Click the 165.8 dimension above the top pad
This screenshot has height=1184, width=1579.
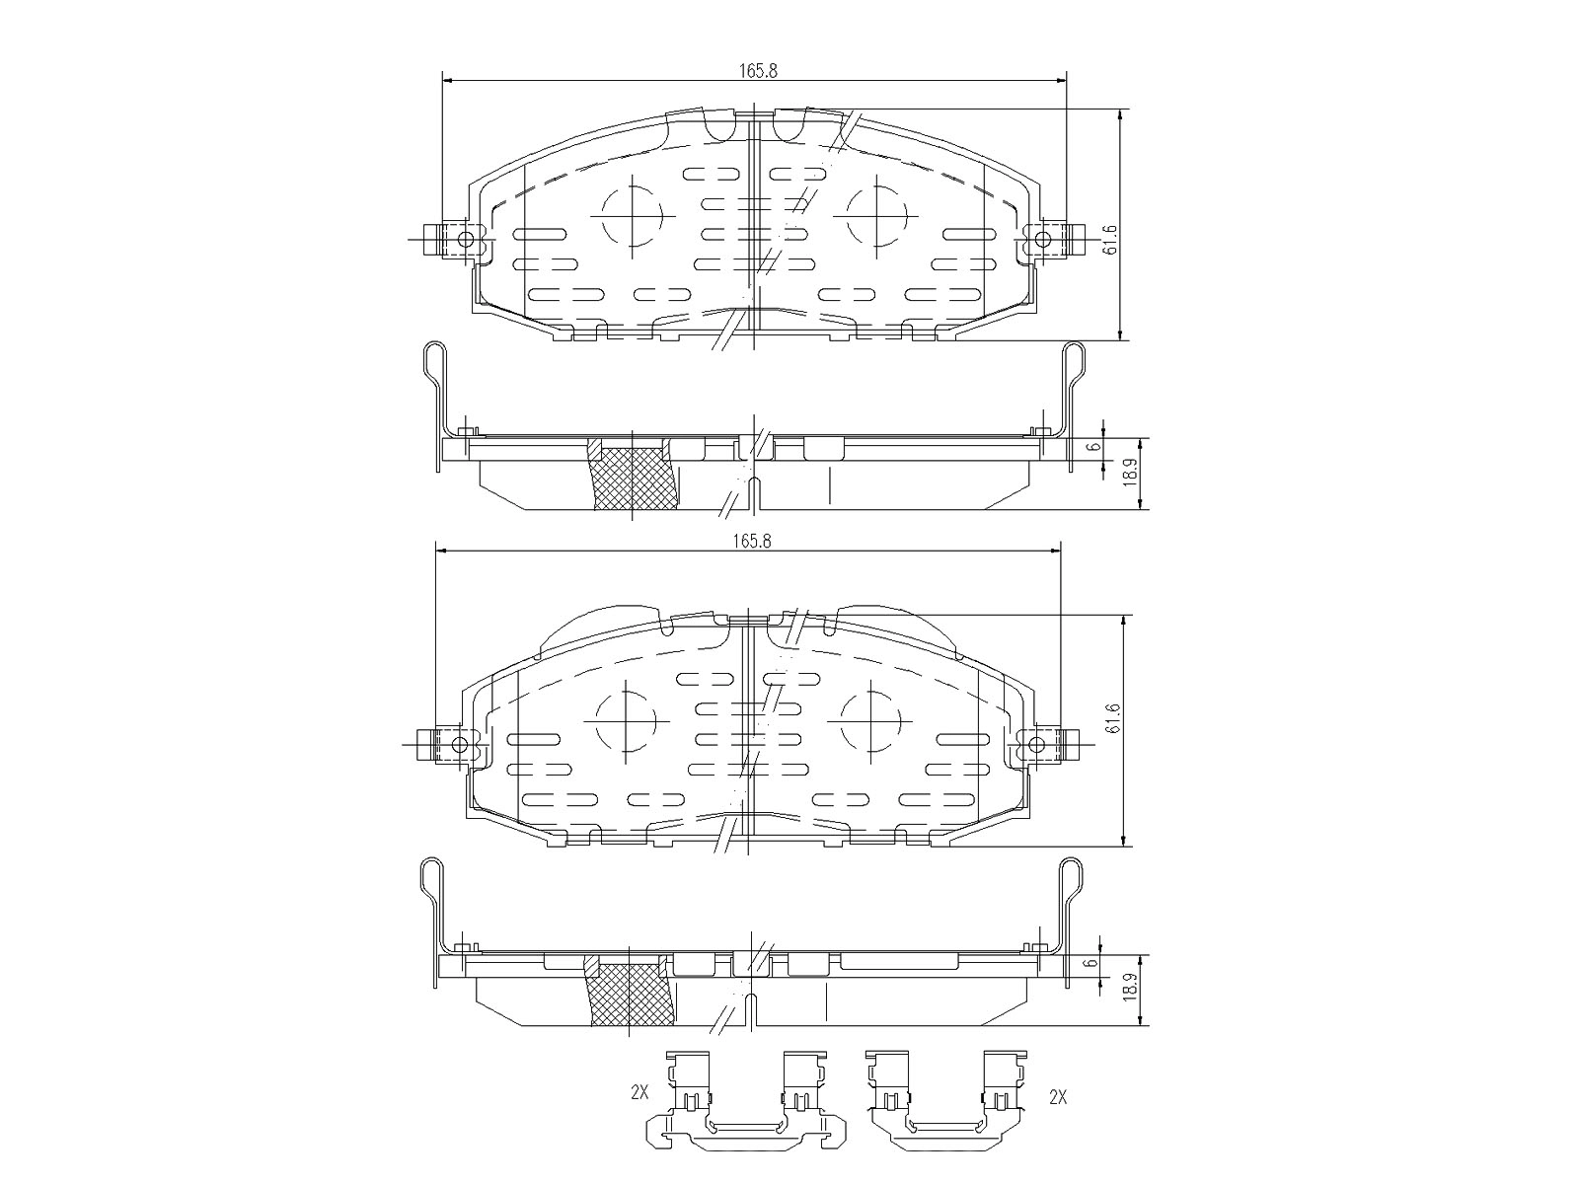tap(757, 70)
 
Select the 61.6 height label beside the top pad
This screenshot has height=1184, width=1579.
tap(1110, 240)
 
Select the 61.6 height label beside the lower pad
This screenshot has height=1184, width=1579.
tap(1113, 717)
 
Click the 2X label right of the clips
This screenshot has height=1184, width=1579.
tap(1059, 1096)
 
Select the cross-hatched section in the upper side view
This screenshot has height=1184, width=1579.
tap(633, 480)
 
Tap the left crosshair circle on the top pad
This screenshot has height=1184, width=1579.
tap(631, 217)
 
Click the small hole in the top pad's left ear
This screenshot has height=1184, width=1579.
tap(466, 238)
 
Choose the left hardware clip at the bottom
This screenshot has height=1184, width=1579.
tap(746, 1112)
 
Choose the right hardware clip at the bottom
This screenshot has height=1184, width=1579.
tap(945, 1112)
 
